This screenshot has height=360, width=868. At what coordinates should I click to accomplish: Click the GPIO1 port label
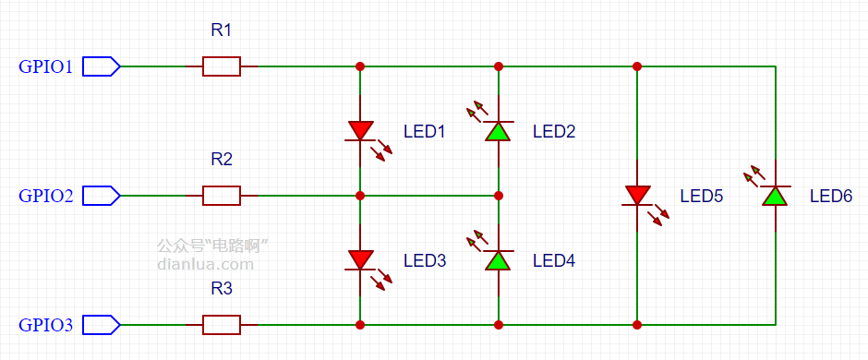[45, 66]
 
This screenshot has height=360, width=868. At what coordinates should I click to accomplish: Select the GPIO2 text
[45, 196]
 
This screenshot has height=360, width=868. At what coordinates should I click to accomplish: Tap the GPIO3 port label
[45, 325]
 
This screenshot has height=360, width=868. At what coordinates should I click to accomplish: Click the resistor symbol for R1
[222, 66]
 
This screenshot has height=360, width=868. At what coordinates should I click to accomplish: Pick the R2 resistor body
[222, 196]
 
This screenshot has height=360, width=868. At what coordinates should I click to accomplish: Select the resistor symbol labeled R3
[222, 325]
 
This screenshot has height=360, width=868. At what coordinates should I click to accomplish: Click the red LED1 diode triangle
[360, 131]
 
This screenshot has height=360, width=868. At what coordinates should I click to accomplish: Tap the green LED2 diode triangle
[499, 131]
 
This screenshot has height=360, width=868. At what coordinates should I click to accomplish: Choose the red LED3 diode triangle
[360, 260]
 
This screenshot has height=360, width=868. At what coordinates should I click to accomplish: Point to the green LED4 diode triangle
[499, 260]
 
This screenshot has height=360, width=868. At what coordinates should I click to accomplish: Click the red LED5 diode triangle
[637, 196]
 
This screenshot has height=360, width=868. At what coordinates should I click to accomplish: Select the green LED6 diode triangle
[775, 196]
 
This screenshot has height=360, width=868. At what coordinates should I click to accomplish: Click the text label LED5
[702, 196]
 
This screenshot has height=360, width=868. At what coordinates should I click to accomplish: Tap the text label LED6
[831, 196]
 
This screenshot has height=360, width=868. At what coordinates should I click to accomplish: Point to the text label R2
[222, 160]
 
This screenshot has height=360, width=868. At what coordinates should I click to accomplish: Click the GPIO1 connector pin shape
[102, 66]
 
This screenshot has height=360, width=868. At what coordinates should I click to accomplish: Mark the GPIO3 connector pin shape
[102, 325]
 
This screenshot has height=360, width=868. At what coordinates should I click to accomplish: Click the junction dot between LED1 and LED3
[360, 196]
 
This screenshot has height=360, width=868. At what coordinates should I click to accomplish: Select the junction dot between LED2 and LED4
[499, 196]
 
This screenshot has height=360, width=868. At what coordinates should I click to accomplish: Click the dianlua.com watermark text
[205, 264]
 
